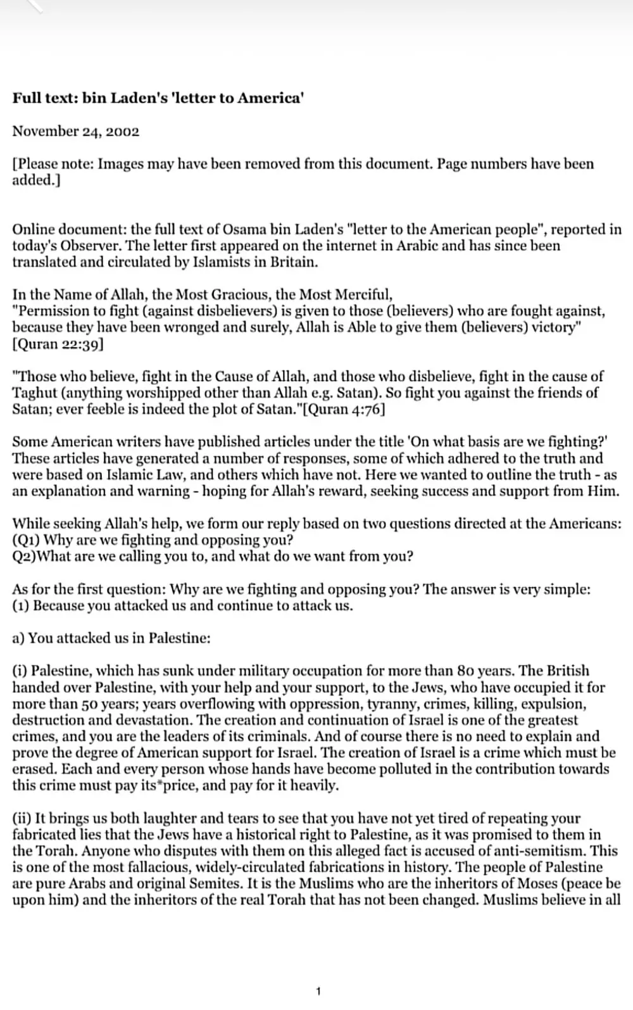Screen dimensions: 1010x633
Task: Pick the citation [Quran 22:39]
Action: (x=58, y=344)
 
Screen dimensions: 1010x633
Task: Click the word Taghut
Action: (x=35, y=393)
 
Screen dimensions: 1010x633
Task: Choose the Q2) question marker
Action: (x=25, y=557)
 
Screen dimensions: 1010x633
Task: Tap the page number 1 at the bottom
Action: (x=318, y=992)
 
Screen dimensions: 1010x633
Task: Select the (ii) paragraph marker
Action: (x=21, y=818)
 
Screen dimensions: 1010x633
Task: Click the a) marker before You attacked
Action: (x=18, y=638)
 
